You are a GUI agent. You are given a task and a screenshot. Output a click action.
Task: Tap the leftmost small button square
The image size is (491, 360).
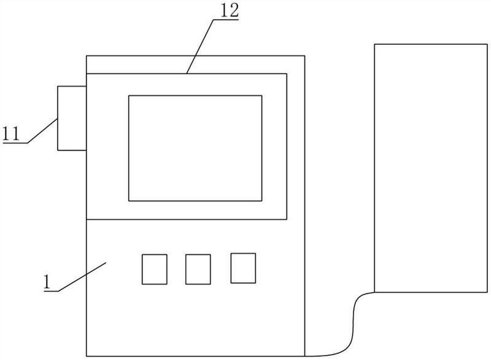click(x=154, y=269)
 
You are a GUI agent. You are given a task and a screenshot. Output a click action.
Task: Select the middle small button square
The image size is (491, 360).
click(x=198, y=269)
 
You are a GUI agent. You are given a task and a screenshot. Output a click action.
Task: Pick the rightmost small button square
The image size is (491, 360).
click(x=243, y=268)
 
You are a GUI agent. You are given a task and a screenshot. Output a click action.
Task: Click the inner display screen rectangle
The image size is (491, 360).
click(x=195, y=148)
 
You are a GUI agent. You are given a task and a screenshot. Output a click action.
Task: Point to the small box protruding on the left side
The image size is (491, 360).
click(x=71, y=118)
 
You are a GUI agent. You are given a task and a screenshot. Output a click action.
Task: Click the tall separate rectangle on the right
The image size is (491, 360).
click(x=431, y=168)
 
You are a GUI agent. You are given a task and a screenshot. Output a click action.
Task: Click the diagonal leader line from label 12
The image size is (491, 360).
click(x=200, y=46)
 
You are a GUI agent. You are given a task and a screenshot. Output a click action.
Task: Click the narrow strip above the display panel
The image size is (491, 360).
click(x=195, y=64)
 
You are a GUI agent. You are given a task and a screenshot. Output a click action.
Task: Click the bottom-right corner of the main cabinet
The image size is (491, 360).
click(x=305, y=355)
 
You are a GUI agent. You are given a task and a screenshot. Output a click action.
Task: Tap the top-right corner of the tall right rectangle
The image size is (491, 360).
click(x=488, y=44)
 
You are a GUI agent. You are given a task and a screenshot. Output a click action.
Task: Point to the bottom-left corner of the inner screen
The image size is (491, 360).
click(x=128, y=201)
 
